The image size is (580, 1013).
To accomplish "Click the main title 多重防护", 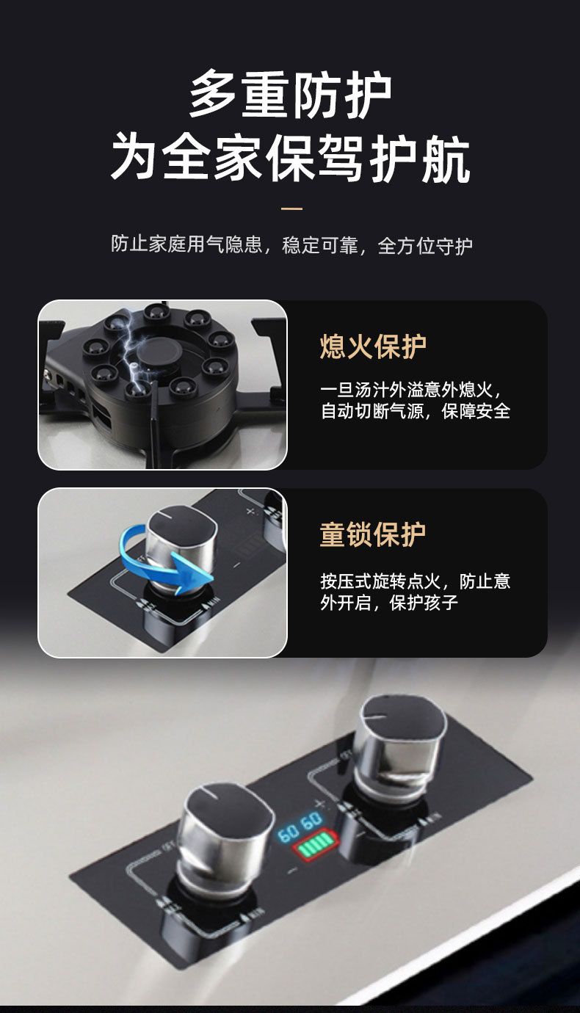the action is pyautogui.click(x=291, y=95).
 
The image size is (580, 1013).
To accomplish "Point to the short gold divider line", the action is pyautogui.click(x=291, y=209).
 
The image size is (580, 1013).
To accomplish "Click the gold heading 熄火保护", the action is pyautogui.click(x=373, y=347).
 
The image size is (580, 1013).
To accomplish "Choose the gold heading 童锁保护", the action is pyautogui.click(x=373, y=534).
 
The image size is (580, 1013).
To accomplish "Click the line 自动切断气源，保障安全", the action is pyautogui.click(x=416, y=411).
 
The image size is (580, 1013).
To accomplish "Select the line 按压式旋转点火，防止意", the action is pyautogui.click(x=416, y=581).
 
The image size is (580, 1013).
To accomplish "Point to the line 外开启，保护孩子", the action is pyautogui.click(x=389, y=603).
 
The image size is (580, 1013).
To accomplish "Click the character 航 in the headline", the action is pyautogui.click(x=446, y=159).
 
